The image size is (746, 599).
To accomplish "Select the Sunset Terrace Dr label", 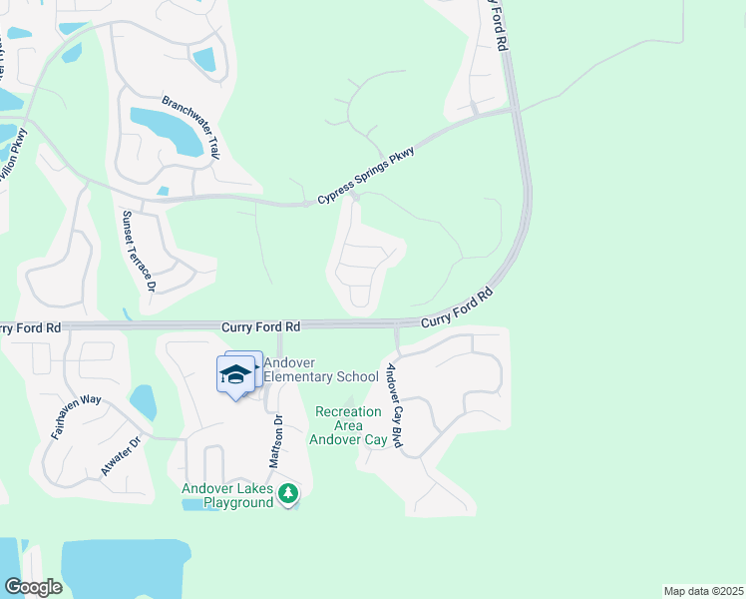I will tap(139, 251).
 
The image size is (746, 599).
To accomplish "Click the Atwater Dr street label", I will tap(122, 456).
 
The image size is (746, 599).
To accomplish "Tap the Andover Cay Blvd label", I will tap(394, 405).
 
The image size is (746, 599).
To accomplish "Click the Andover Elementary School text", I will tap(315, 369).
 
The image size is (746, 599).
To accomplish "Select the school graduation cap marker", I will tap(235, 375).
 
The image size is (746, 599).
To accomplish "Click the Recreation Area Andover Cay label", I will tap(348, 425).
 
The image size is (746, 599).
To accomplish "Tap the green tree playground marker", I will tap(288, 493).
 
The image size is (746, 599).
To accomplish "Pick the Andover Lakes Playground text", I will tap(227, 495).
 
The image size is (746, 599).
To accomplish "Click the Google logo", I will tap(32, 587).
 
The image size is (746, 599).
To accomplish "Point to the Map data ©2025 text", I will tap(704, 590).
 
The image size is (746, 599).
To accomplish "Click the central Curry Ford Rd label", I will tap(260, 326).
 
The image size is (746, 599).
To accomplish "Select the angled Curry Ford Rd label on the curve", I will tap(457, 308).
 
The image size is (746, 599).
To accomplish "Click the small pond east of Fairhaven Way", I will tap(143, 401).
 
